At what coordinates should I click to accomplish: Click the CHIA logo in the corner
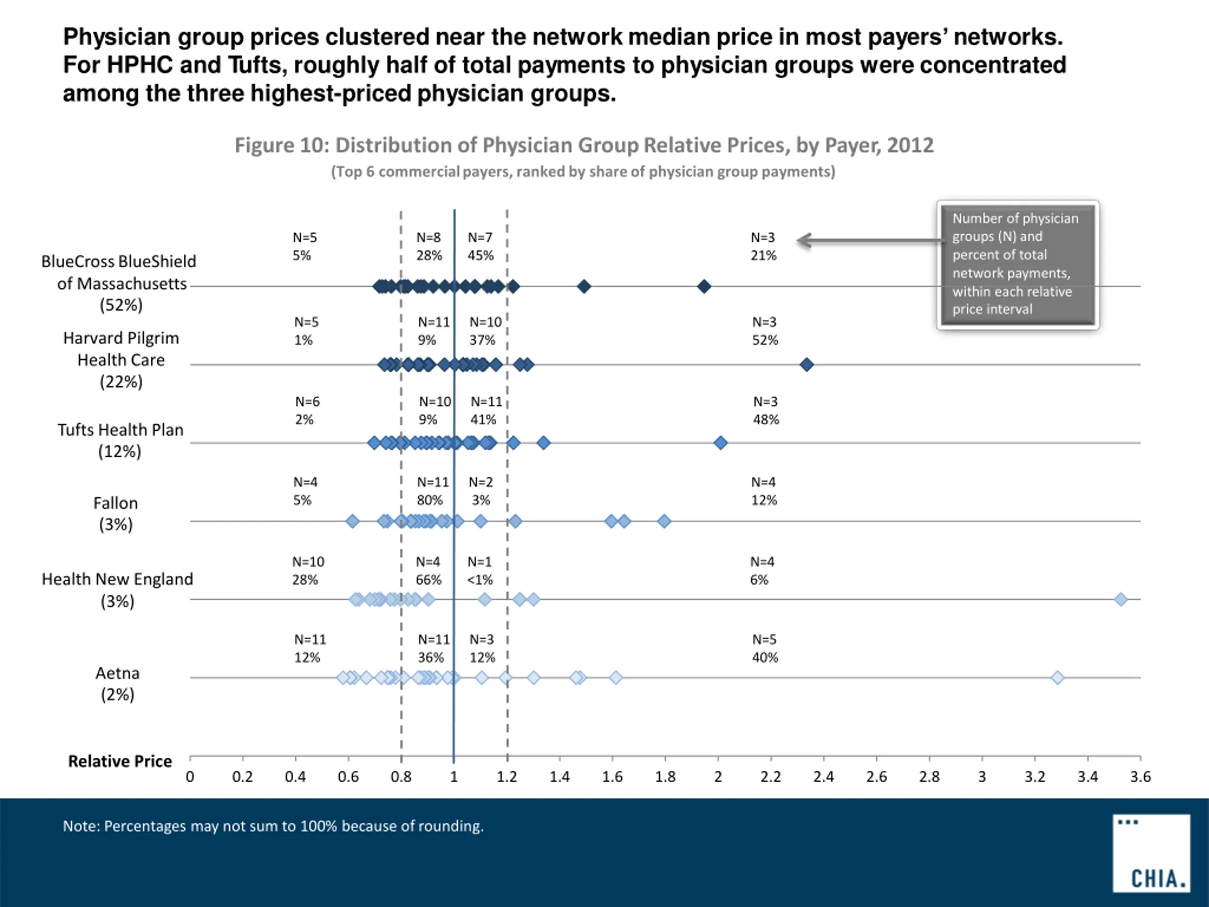(x=1151, y=853)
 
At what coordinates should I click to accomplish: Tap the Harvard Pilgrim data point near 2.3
(x=806, y=365)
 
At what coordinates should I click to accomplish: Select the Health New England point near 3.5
(x=1121, y=599)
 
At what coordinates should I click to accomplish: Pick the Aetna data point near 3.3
(x=1057, y=678)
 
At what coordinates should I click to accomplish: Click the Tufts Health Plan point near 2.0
(x=720, y=443)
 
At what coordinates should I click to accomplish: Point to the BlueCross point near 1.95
(x=704, y=286)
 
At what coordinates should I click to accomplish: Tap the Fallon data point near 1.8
(x=664, y=521)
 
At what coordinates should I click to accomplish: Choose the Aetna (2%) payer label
(x=118, y=684)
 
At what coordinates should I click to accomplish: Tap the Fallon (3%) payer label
(x=115, y=513)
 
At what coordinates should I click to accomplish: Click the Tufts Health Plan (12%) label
(x=120, y=440)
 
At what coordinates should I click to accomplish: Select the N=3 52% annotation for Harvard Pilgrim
(x=765, y=331)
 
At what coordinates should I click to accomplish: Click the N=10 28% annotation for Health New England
(x=307, y=570)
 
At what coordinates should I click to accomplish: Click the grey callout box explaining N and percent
(x=1017, y=264)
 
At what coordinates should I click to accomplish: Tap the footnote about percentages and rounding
(x=273, y=826)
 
